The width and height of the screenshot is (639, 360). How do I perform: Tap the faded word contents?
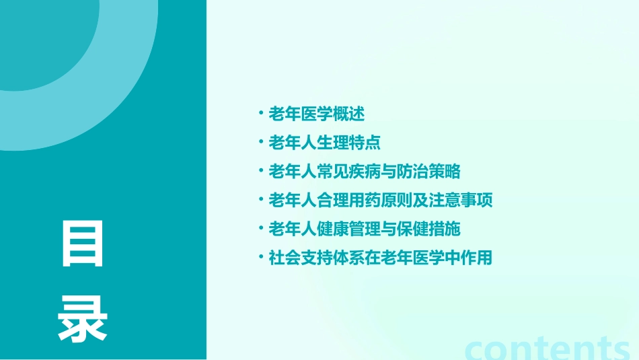pyautogui.click(x=548, y=348)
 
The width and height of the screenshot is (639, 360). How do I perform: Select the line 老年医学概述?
pyautogui.click(x=316, y=114)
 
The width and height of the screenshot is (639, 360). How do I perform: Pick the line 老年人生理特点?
pyautogui.click(x=324, y=143)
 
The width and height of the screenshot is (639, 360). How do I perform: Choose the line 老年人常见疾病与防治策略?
pyautogui.click(x=364, y=172)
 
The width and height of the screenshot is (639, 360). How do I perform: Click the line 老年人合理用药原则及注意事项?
pyautogui.click(x=381, y=200)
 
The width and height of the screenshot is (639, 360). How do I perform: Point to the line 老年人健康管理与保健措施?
pyautogui.click(x=364, y=229)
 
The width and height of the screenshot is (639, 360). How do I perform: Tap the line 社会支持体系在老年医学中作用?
pyautogui.click(x=381, y=257)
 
